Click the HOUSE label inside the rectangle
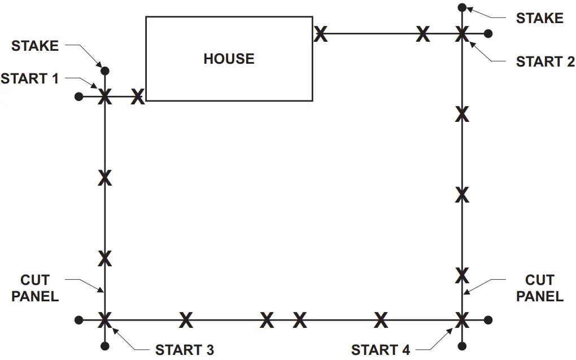229,59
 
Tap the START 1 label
29,78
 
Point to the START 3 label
185,350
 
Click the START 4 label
381,350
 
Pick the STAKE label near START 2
539,18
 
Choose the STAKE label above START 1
35,46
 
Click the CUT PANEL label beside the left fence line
35,288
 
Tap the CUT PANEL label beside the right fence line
540,288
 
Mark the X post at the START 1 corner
104,97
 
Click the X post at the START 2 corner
462,33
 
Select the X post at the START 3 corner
104,321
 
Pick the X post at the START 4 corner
462,321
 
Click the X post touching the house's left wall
137,97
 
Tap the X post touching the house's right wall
320,34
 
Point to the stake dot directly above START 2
462,7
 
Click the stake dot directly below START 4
462,345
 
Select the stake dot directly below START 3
104,345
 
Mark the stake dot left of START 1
78,97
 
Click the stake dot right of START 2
488,34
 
